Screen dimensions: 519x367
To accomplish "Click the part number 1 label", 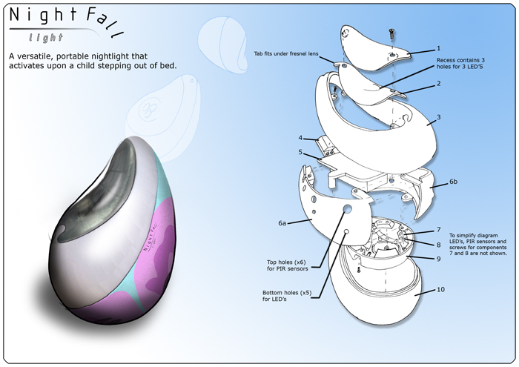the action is [x=439, y=48].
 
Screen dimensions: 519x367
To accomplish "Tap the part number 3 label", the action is [x=439, y=117].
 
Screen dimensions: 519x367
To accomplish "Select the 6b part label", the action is [x=453, y=182].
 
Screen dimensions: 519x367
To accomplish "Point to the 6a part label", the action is [x=282, y=223].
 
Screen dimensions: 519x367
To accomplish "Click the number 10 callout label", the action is [x=441, y=290].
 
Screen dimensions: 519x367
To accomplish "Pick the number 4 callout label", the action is [x=300, y=138].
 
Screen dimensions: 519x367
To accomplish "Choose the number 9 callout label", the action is [x=439, y=259].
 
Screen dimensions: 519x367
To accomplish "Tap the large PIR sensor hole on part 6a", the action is [x=348, y=209].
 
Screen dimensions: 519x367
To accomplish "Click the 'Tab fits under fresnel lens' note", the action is [x=286, y=53].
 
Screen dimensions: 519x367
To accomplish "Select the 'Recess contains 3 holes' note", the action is [x=460, y=63].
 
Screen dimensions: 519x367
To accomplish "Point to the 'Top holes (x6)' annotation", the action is [x=288, y=265].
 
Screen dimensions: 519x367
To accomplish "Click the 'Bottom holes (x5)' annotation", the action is [x=287, y=296].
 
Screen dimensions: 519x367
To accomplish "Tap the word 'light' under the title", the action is [x=46, y=38].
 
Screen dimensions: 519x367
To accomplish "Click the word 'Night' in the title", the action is [x=43, y=16].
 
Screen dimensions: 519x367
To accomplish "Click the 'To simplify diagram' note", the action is [x=477, y=245].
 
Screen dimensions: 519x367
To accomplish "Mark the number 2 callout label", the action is [x=439, y=83].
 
